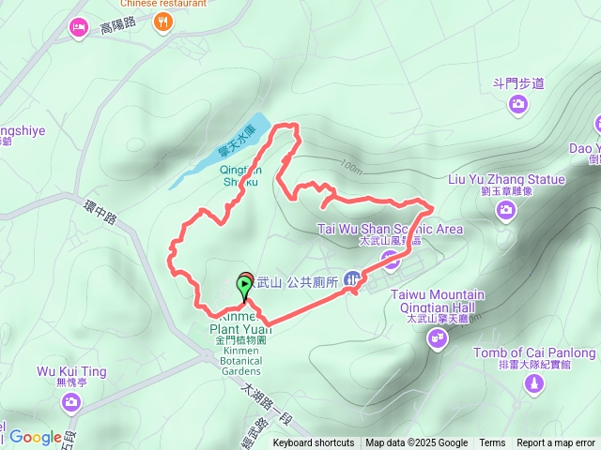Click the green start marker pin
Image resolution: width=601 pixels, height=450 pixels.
(244, 284)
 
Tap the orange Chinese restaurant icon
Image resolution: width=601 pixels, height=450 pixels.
(164, 21)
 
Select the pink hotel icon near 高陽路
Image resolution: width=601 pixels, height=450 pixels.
(78, 28)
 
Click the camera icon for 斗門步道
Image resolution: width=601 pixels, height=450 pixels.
(517, 105)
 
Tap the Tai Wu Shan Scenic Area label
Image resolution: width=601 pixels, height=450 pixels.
(390, 229)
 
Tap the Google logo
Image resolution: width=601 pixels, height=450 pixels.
(35, 437)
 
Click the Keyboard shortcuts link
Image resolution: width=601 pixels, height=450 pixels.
(314, 443)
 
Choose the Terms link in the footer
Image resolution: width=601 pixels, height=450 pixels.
(492, 443)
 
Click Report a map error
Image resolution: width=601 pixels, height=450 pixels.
(556, 443)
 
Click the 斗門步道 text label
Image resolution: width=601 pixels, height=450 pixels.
(518, 83)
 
